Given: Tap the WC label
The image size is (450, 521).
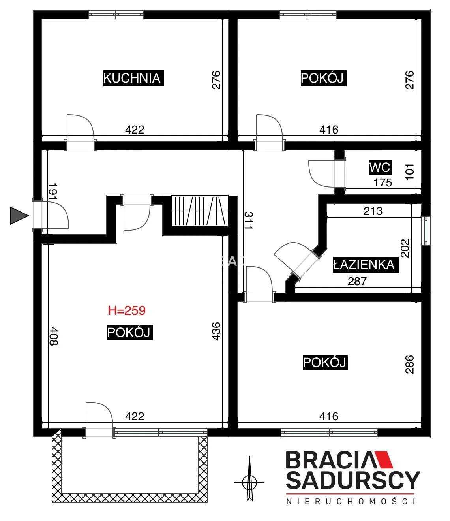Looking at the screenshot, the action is pos(380,167).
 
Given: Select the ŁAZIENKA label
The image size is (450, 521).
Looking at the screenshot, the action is pos(366,264).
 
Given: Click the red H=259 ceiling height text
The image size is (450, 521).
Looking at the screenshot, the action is pos(127,310).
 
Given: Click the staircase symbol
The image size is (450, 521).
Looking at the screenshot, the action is pos(200,211).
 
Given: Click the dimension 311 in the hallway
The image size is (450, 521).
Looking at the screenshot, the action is pos(248,220).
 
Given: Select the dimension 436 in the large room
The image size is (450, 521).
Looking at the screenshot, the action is pos(216,331).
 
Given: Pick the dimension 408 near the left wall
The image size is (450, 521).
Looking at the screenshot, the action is pos(54,336).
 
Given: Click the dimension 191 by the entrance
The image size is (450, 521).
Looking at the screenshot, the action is pos(53,191).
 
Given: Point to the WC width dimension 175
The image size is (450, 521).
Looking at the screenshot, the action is pos(383,183).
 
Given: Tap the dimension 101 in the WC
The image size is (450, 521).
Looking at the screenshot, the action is pos(409,172).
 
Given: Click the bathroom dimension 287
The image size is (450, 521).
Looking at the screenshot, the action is pos(357,281).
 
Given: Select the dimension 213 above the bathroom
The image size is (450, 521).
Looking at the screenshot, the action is pos(373,211).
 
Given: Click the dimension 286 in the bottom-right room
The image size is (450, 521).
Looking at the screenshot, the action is pos(409,364).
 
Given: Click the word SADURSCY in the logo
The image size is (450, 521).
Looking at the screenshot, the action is pos(353,480).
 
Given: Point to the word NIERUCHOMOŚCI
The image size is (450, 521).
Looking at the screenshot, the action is pos(351,502).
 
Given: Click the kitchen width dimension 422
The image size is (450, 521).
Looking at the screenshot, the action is pos(135,130).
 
